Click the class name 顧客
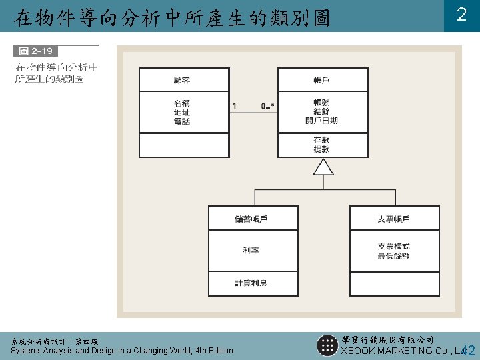182,80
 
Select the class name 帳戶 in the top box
321,80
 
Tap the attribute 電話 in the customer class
182,121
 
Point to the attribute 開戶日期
321,121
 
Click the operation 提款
321,149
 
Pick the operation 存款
321,140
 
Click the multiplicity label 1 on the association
234,105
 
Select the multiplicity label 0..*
268,105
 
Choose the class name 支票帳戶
394,219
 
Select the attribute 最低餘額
394,255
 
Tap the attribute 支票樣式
394,246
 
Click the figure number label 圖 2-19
36,51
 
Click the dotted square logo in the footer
327,345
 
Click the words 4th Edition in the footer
207,351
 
